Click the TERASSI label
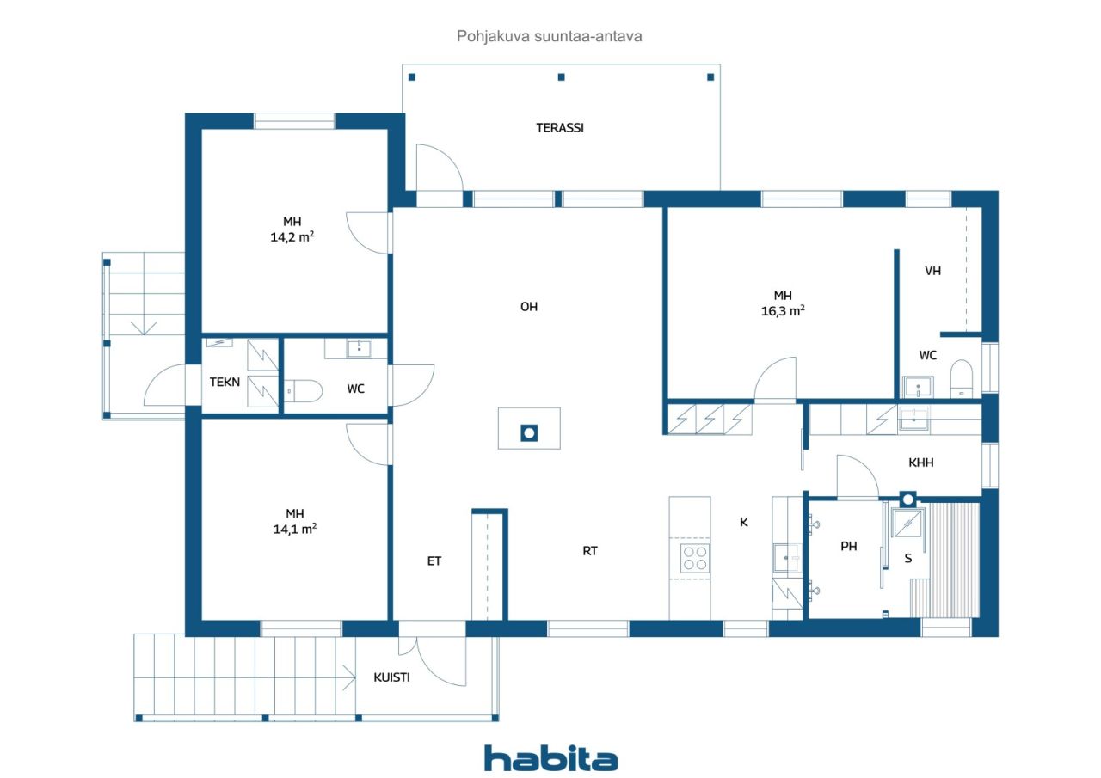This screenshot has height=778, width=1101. [560, 128]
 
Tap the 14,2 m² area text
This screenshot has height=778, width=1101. [292, 236]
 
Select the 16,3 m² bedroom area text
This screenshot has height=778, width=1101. [783, 310]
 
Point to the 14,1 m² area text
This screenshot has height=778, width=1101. [295, 529]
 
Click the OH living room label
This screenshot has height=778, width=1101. [529, 307]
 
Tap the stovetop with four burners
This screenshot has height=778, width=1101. [695, 559]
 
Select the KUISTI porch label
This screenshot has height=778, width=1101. [391, 677]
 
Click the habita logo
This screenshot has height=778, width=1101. [551, 758]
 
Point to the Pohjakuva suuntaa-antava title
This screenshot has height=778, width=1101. [549, 36]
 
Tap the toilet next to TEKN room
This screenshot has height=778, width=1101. [303, 391]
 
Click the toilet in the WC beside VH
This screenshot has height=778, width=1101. [962, 379]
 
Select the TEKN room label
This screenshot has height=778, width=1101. [225, 382]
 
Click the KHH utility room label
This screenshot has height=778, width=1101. [920, 463]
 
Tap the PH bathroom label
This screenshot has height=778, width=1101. [848, 546]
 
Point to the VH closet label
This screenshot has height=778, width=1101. [932, 270]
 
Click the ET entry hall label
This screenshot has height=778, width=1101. [434, 561]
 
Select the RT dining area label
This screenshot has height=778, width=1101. [590, 551]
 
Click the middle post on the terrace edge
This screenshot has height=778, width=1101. [562, 77]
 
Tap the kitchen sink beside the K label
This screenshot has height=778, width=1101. [787, 558]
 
